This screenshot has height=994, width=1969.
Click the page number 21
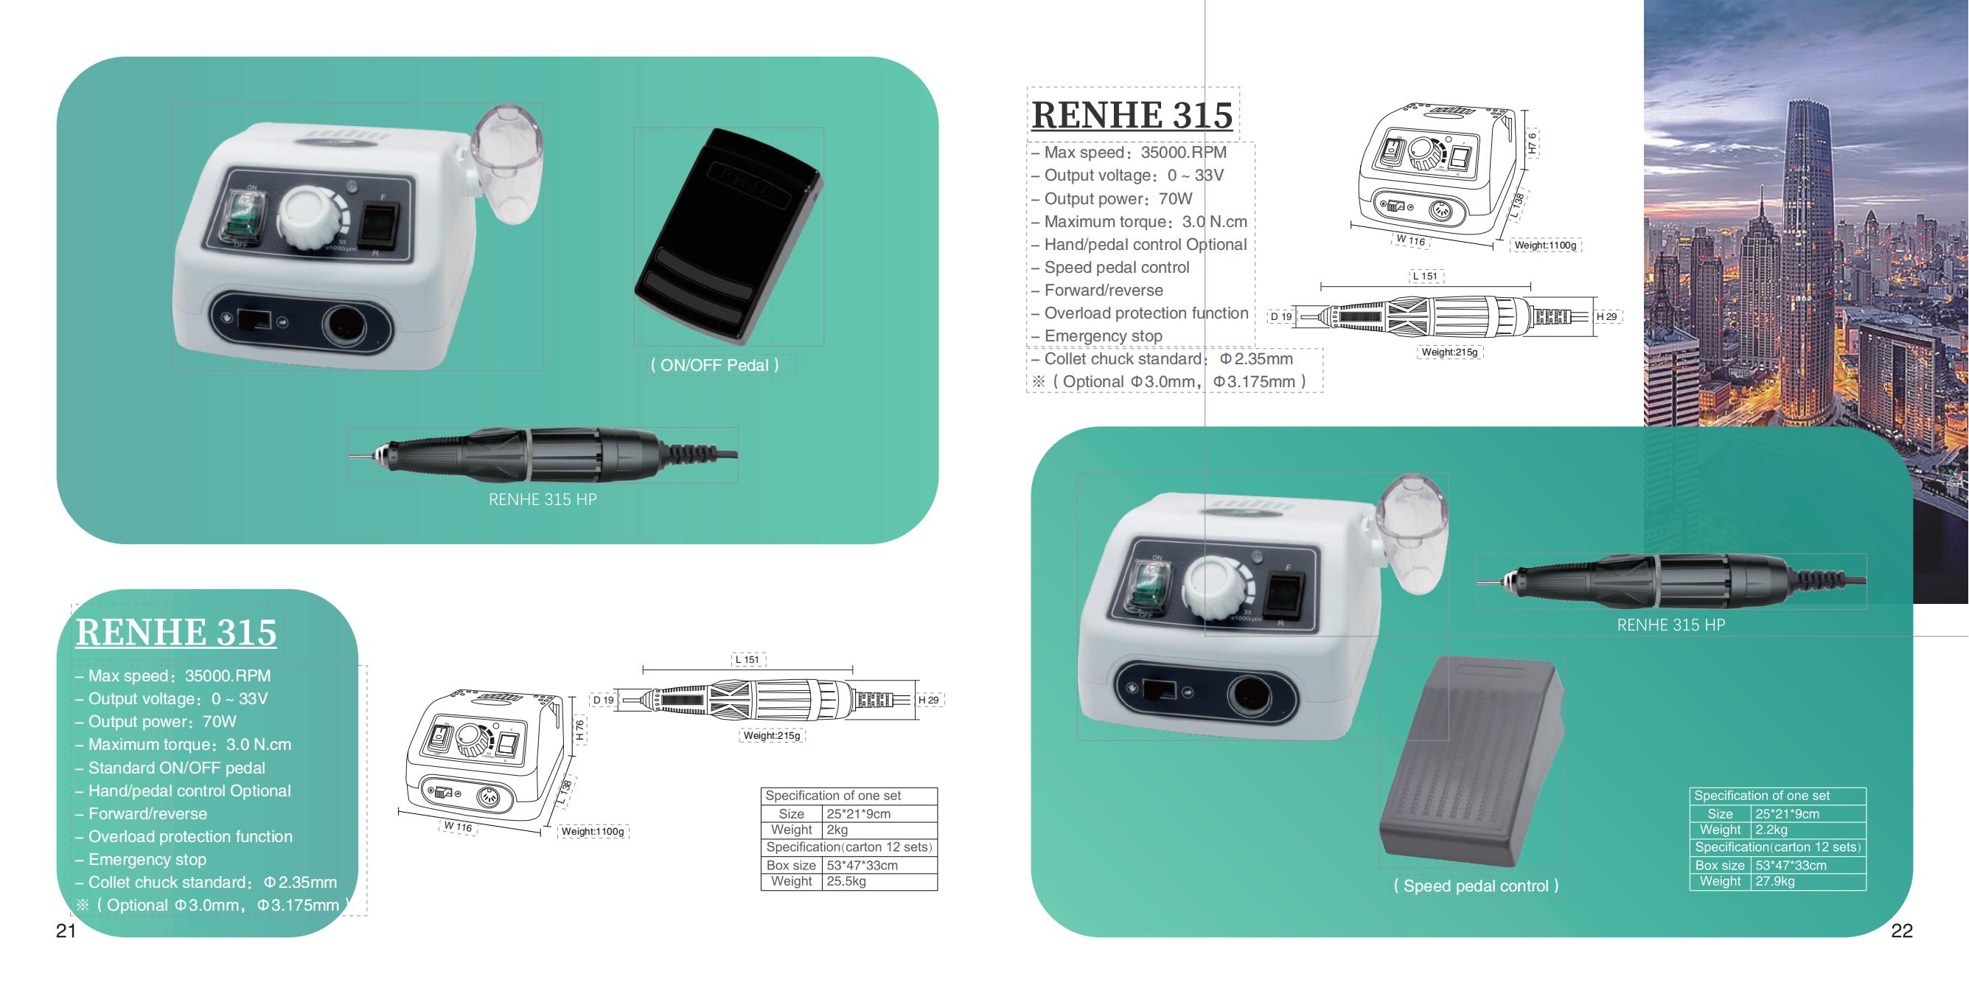[x=66, y=931]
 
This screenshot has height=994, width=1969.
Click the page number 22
[x=1902, y=931]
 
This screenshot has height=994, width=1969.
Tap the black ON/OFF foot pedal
[x=728, y=234]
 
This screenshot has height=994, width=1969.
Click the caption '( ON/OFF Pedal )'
[x=714, y=366]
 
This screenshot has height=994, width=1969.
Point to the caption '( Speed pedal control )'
[x=1476, y=886]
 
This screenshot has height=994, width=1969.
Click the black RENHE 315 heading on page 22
[x=1132, y=115]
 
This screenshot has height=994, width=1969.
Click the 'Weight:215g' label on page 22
[x=1449, y=352]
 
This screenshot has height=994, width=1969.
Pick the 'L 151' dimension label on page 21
[x=747, y=660]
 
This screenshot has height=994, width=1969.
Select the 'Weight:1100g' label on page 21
[x=593, y=831]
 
